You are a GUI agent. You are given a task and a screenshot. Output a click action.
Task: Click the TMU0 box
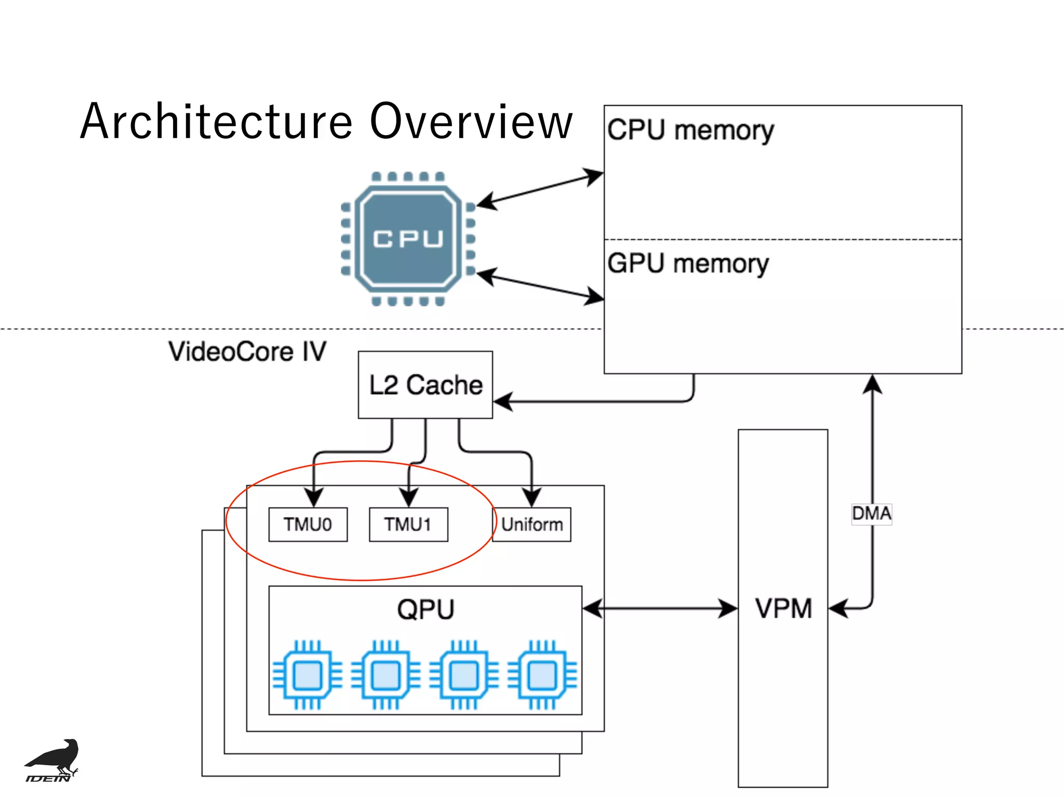(x=308, y=524)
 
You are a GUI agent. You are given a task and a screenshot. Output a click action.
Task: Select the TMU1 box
(x=408, y=524)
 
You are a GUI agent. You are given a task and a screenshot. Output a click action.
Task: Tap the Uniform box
(x=532, y=524)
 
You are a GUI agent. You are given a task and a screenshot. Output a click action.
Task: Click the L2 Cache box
(x=425, y=384)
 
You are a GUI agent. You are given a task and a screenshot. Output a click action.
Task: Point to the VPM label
(x=783, y=608)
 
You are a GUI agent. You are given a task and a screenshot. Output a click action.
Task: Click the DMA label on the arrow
(x=871, y=513)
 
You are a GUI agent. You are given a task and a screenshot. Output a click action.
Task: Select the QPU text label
(x=425, y=609)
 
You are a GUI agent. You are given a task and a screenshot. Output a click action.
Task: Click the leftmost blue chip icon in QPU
(x=307, y=675)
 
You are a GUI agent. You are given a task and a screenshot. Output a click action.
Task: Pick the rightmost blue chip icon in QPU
(x=542, y=675)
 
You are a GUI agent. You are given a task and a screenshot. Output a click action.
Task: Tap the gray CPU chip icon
(x=408, y=239)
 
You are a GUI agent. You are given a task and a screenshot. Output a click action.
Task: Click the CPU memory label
(x=690, y=130)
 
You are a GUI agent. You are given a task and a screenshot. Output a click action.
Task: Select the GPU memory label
(x=688, y=263)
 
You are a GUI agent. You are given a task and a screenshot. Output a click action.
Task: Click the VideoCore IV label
(x=247, y=351)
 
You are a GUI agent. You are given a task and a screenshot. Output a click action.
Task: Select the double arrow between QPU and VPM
(x=660, y=608)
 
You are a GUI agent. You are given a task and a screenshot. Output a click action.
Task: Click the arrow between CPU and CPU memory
(x=540, y=188)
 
